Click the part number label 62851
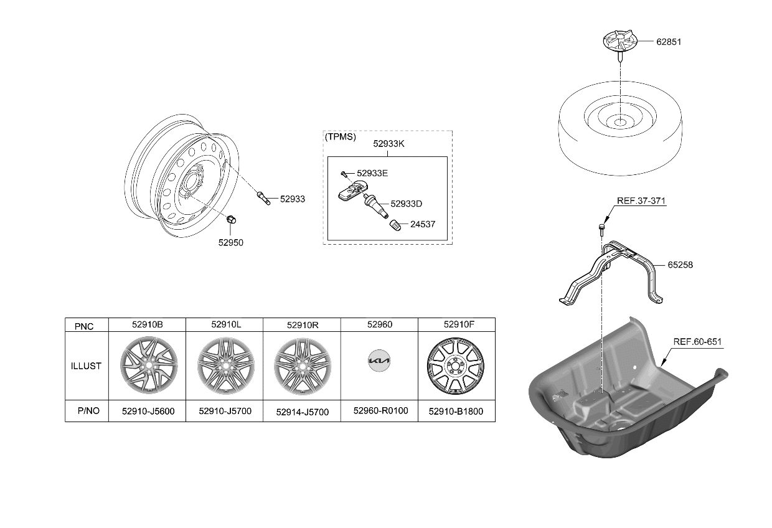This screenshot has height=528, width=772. point(669,42)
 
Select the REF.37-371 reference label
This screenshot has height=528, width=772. point(641,201)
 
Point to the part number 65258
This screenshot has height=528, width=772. point(680,265)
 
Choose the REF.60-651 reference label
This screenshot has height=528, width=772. point(697,342)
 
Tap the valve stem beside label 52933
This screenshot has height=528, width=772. point(263,199)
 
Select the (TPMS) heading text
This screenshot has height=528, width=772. point(341,137)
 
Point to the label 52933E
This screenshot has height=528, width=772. point(372,172)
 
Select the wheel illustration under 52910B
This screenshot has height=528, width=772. point(148,365)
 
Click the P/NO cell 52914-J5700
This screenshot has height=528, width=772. point(302,412)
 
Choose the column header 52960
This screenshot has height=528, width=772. point(379,324)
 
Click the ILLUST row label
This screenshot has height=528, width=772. point(86,366)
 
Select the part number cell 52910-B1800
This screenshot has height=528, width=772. point(456,412)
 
